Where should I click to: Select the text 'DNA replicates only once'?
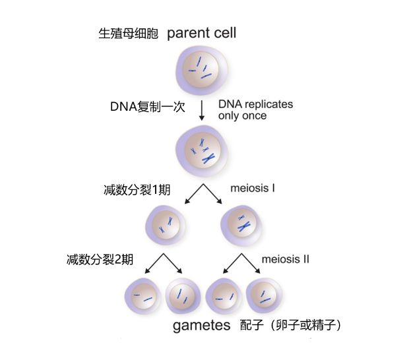click(x=255, y=110)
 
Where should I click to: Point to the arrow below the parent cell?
click(x=202, y=110)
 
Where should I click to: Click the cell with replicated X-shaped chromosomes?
click(x=201, y=152)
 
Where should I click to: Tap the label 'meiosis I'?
click(x=253, y=189)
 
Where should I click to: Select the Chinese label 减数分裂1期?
click(x=138, y=190)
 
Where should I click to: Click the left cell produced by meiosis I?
click(x=165, y=224)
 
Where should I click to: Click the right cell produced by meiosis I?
click(x=241, y=224)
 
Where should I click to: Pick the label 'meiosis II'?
click(x=285, y=259)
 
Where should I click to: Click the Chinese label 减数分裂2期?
click(x=100, y=258)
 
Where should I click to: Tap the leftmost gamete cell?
click(x=142, y=298)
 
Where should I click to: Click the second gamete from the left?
click(x=183, y=298)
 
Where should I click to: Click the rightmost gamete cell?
click(x=265, y=298)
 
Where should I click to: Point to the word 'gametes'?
click(x=201, y=325)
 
